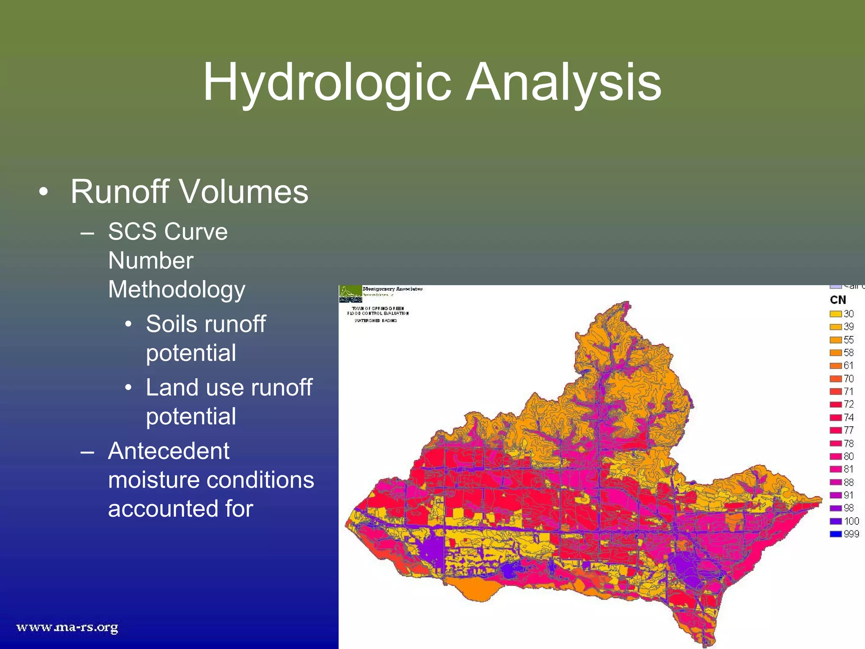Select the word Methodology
click(x=177, y=290)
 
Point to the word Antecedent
click(x=169, y=451)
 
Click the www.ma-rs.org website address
click(x=67, y=627)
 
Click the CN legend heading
click(x=838, y=300)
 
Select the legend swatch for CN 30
click(x=835, y=314)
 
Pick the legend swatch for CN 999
click(x=835, y=534)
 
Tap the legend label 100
click(x=851, y=521)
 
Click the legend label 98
click(x=849, y=508)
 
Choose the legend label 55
click(x=849, y=340)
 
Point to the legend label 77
click(x=849, y=430)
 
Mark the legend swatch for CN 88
click(x=835, y=482)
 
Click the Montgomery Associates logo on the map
click(x=351, y=294)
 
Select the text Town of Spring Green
click(x=378, y=308)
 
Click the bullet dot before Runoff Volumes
click(x=44, y=192)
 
